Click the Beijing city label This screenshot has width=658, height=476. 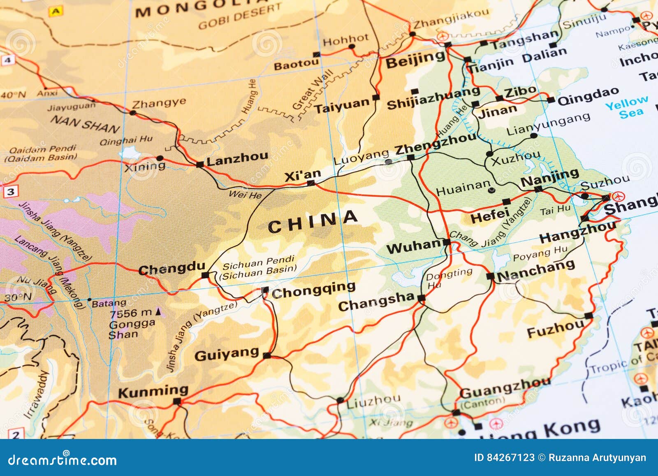[x=415, y=60]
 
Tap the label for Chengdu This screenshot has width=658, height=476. [x=171, y=269]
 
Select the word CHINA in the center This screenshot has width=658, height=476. [x=313, y=222]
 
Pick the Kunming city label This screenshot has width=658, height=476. [x=153, y=391]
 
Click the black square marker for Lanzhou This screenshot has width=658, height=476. [x=200, y=165]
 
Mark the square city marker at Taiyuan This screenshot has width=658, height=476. [x=375, y=98]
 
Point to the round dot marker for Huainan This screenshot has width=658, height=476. [x=491, y=190]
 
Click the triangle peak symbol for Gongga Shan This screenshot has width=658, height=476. [x=158, y=312]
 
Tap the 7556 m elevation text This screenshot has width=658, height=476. [x=131, y=313]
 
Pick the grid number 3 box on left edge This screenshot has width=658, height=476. [x=11, y=191]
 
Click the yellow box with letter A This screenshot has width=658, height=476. [x=55, y=12]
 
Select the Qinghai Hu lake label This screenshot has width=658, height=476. [x=126, y=141]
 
